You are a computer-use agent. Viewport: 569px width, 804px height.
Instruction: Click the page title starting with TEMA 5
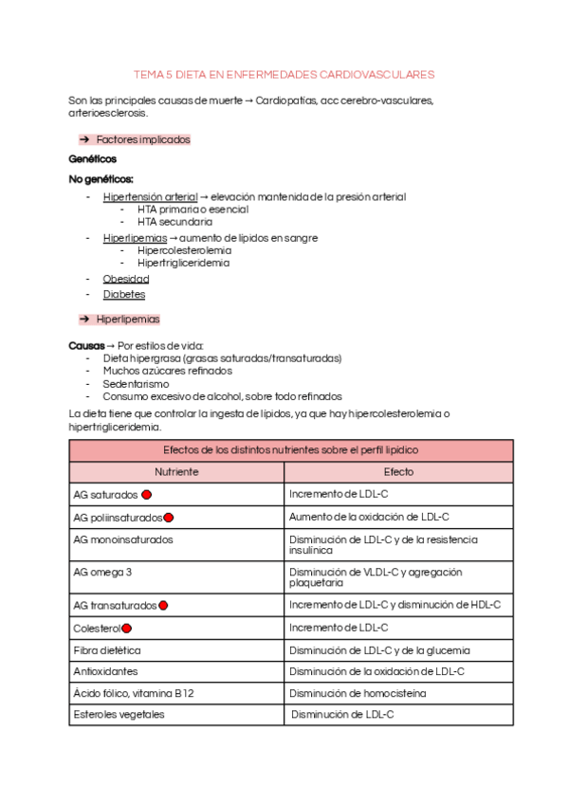click(284, 73)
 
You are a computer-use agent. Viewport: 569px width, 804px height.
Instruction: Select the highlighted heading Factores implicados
click(143, 139)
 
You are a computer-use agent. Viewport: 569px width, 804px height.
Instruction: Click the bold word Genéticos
click(93, 159)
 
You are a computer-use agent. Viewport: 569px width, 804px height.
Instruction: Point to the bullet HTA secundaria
click(174, 222)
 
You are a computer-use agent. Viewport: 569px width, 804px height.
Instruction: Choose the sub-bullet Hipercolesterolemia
click(184, 250)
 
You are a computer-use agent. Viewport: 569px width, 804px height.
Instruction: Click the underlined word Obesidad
click(126, 279)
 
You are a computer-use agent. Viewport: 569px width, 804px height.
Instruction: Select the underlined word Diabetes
click(124, 295)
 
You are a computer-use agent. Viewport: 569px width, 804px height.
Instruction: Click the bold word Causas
click(86, 345)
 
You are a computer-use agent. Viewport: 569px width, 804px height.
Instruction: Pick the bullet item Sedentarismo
click(136, 384)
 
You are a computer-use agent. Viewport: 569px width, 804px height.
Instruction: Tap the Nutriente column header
click(176, 471)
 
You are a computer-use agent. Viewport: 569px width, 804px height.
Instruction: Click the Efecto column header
click(398, 471)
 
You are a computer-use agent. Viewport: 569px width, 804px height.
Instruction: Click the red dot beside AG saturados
click(147, 494)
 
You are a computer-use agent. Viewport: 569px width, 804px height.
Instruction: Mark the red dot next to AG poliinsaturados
click(169, 518)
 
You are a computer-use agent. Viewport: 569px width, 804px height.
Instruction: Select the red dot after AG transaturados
click(164, 605)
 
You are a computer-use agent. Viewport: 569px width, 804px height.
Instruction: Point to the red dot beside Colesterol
click(127, 628)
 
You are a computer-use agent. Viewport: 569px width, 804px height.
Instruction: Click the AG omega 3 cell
click(102, 572)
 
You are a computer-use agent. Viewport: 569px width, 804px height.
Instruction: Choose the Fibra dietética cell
click(107, 650)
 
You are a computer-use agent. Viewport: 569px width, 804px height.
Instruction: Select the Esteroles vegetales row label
click(119, 714)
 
